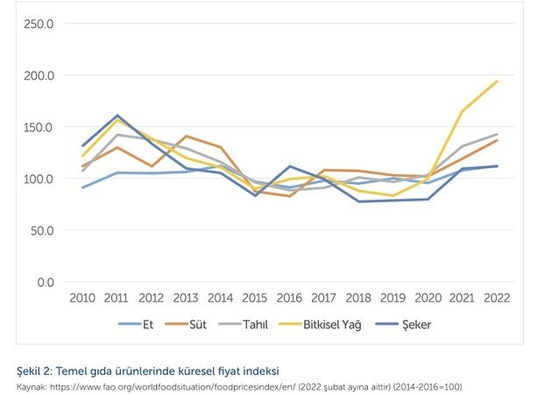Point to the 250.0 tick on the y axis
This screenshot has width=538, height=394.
39,24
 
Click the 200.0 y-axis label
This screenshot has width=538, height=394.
39,75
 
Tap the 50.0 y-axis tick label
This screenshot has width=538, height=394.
41,231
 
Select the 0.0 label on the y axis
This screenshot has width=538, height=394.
46,283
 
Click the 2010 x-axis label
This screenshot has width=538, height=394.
83,299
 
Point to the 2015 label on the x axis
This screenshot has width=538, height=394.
255,299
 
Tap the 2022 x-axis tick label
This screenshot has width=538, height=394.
496,299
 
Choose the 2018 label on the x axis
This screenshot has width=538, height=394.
358,299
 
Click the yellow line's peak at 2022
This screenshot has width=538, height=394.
496,81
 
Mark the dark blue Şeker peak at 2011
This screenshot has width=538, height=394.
117,116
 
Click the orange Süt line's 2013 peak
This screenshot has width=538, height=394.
187,137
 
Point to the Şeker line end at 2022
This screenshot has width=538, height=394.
496,166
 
